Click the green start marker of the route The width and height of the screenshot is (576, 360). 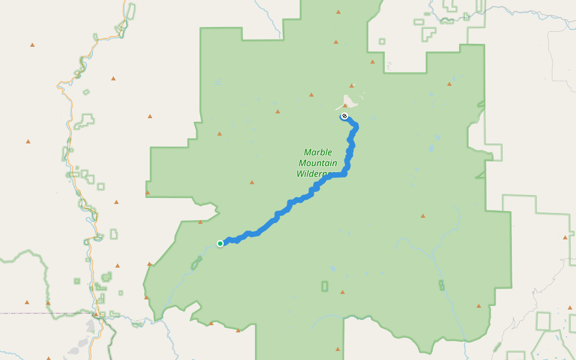(220, 243)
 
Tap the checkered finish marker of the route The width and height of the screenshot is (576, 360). (344, 116)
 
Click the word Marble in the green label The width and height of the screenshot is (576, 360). (318, 152)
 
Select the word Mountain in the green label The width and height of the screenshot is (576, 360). (318, 163)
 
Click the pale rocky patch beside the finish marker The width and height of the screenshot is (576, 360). (347, 100)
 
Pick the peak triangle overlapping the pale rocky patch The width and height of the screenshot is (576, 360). (345, 105)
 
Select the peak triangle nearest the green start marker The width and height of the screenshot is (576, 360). (200, 222)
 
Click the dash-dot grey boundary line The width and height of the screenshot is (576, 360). (36, 313)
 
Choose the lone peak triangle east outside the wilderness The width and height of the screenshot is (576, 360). (565, 238)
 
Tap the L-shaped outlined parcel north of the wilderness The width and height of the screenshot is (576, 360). (428, 34)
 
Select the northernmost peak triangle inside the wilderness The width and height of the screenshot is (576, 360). (338, 12)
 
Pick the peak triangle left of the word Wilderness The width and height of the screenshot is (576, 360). (252, 182)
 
